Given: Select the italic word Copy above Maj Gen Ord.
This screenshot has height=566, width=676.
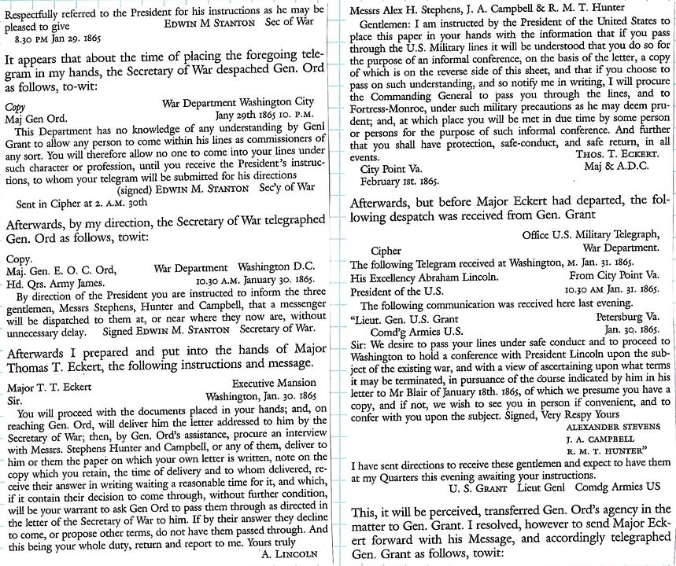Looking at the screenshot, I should click(14, 104).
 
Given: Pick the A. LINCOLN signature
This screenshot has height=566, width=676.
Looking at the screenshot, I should click(291, 553).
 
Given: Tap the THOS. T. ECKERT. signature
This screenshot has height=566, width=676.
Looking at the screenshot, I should click(617, 154).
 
